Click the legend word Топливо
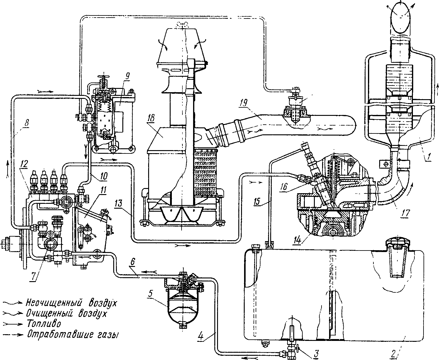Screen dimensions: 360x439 click(44, 324)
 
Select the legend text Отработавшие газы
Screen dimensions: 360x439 click(73, 335)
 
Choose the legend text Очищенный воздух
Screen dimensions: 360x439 click(67, 313)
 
